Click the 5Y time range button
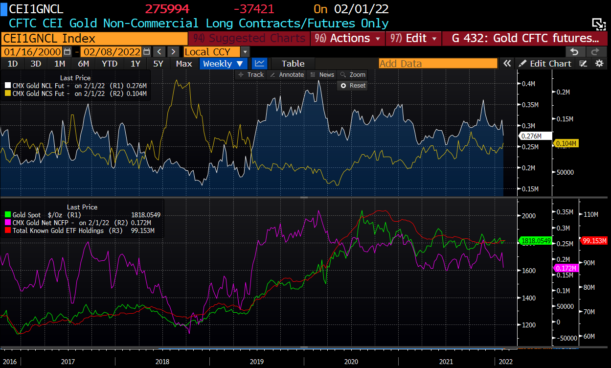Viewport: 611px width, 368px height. click(x=158, y=64)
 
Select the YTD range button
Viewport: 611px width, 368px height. click(x=109, y=64)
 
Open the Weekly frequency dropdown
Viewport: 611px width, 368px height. click(x=223, y=64)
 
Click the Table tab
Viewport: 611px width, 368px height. click(x=293, y=64)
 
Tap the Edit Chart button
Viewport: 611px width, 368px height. click(x=545, y=64)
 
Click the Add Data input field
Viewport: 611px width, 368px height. click(x=438, y=64)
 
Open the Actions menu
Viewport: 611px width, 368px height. click(x=348, y=38)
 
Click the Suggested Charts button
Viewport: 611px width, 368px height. click(x=249, y=38)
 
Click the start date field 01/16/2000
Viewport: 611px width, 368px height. click(x=32, y=52)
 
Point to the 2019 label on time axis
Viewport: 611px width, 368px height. click(x=256, y=362)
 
